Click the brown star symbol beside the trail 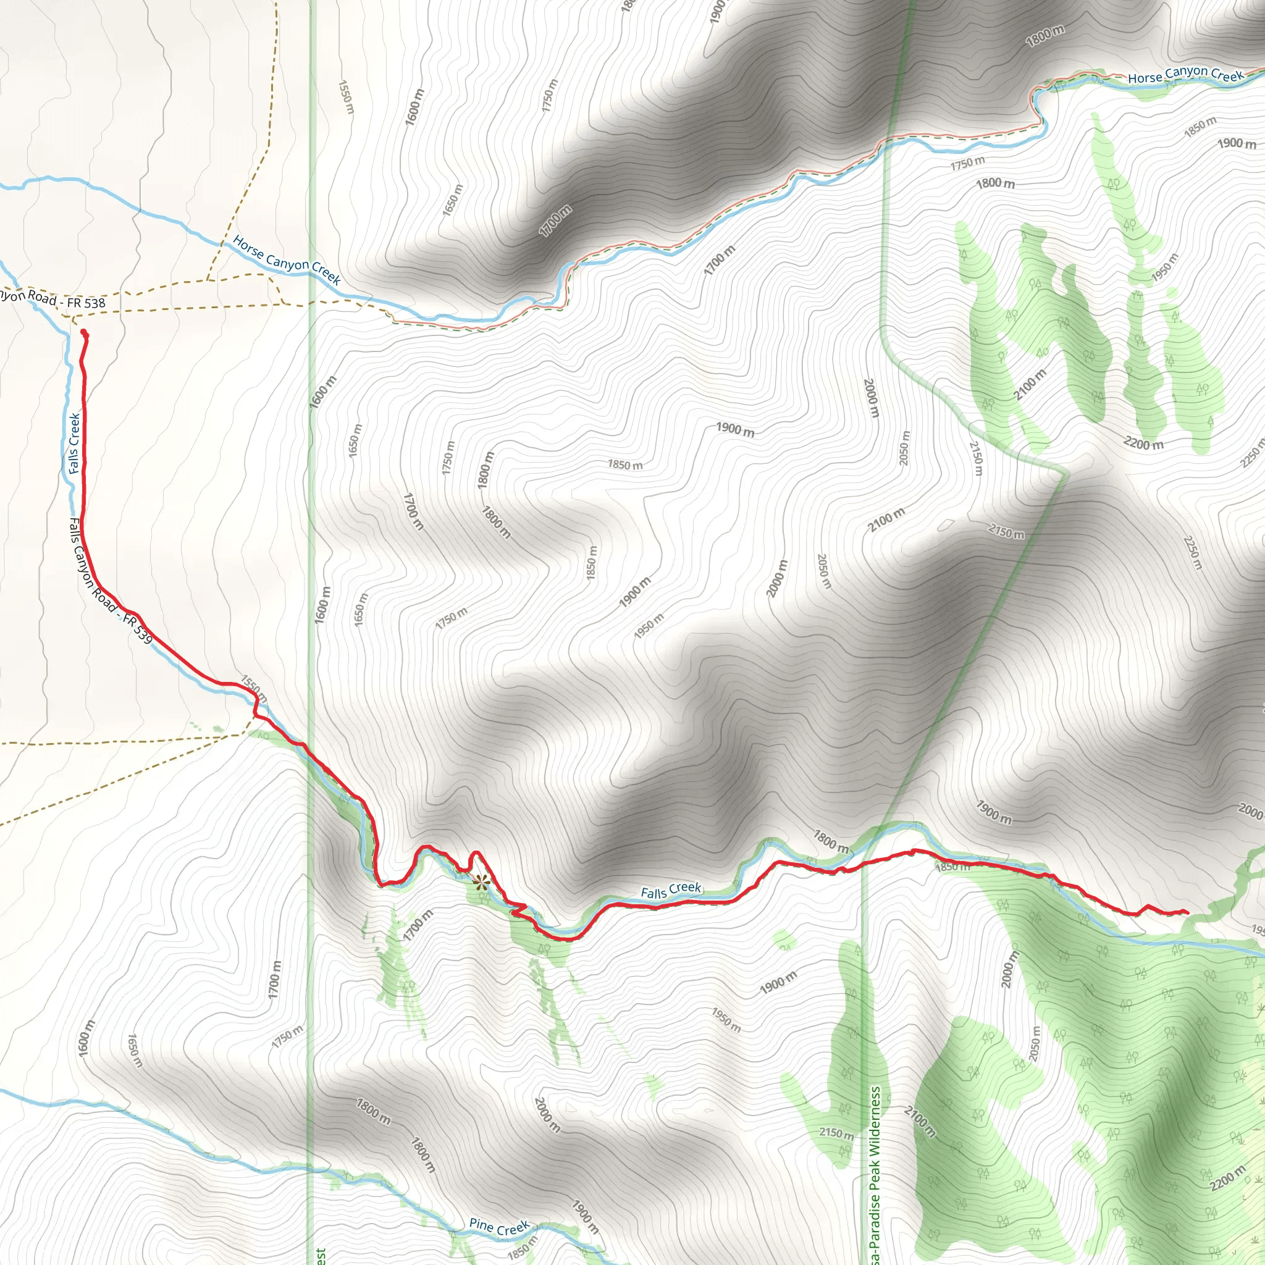(x=481, y=883)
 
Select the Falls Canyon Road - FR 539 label (x=111, y=580)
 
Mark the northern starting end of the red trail (x=83, y=334)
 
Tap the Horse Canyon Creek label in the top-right (x=1185, y=75)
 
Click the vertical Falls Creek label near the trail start (x=75, y=443)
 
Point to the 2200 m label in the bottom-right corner (x=1227, y=1179)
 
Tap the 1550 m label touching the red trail (x=253, y=687)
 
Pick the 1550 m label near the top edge (x=346, y=97)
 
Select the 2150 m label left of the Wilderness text (x=836, y=1133)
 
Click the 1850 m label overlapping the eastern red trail (x=952, y=867)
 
